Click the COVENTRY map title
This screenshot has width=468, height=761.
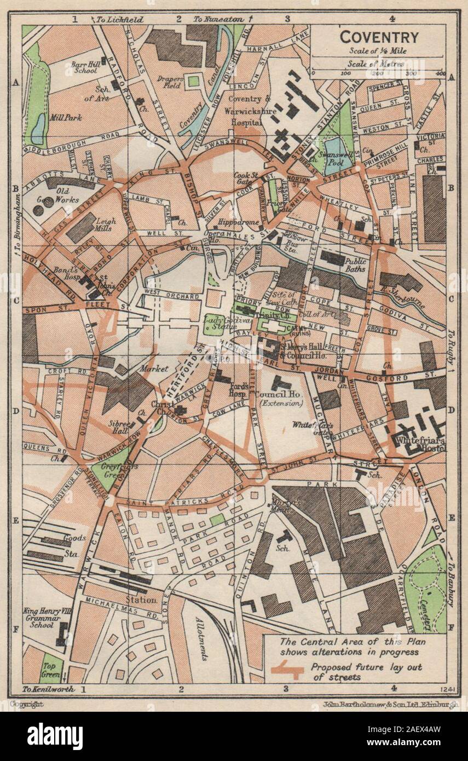pyautogui.click(x=379, y=37)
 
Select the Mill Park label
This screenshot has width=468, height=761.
pyautogui.click(x=64, y=117)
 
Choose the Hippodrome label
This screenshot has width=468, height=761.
pyautogui.click(x=234, y=223)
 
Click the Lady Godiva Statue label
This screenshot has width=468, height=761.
pyautogui.click(x=219, y=322)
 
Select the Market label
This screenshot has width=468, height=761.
pyautogui.click(x=154, y=368)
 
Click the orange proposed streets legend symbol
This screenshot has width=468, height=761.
pyautogui.click(x=287, y=670)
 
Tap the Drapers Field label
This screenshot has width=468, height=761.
pyautogui.click(x=169, y=84)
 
